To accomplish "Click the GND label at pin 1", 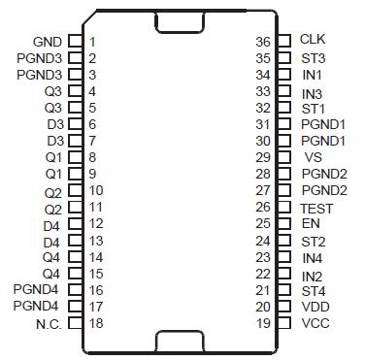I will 47,42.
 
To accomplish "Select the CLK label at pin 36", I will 313,40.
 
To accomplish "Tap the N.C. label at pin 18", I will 48,324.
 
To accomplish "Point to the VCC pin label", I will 315,323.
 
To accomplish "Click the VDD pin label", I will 315,307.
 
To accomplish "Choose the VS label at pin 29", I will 313,156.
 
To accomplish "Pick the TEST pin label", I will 316,208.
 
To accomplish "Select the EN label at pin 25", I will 311,223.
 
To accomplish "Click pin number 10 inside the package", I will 95,190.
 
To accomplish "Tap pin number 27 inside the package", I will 262,190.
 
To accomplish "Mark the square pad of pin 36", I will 284,41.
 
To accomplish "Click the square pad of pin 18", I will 74,324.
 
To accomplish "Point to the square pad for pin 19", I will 284,323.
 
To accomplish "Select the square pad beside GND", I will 74,42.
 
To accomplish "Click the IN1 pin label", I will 313,74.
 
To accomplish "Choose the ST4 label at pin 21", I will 313,290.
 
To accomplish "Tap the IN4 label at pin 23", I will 313,257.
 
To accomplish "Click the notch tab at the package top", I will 180,20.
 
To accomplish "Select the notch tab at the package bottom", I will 180,341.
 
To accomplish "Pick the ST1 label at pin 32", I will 313,108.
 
